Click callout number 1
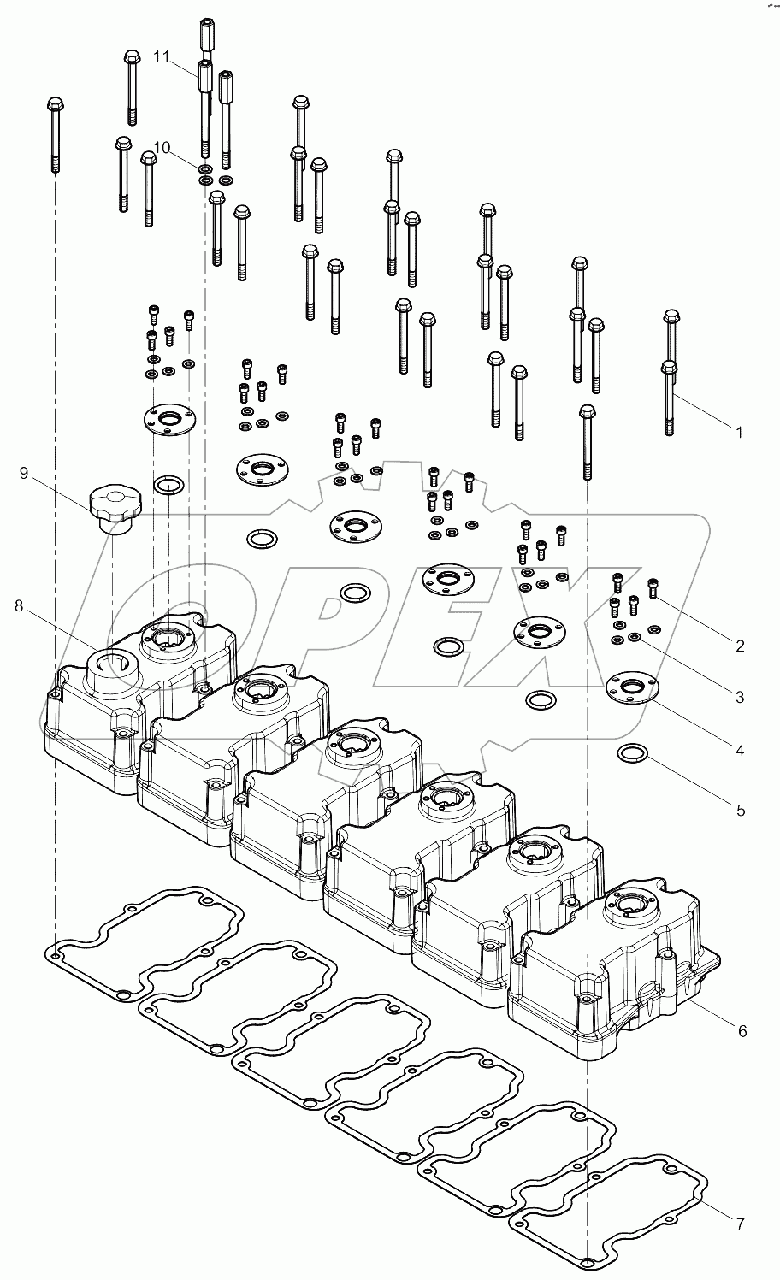click(740, 432)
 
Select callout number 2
click(740, 645)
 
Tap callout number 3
click(740, 697)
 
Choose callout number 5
click(740, 809)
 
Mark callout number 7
click(740, 1224)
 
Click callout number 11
click(162, 56)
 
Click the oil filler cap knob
click(115, 501)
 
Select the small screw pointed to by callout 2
click(654, 587)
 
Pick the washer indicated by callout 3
click(635, 638)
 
